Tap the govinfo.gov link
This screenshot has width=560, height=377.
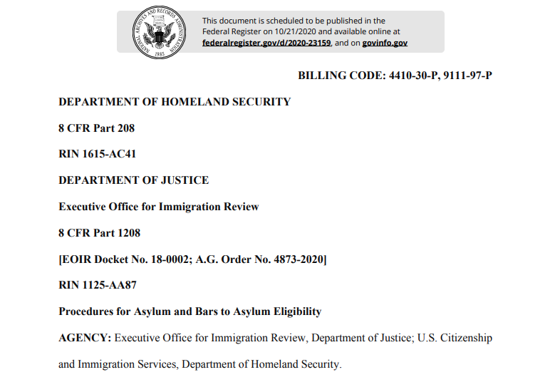(385, 43)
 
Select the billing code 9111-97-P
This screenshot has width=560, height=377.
(467, 76)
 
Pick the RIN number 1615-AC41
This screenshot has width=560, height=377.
(107, 155)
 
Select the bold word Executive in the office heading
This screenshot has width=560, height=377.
(82, 207)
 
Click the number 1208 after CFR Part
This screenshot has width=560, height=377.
(128, 233)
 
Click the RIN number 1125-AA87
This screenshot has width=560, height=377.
(108, 285)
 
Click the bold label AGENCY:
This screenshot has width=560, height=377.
(85, 338)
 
